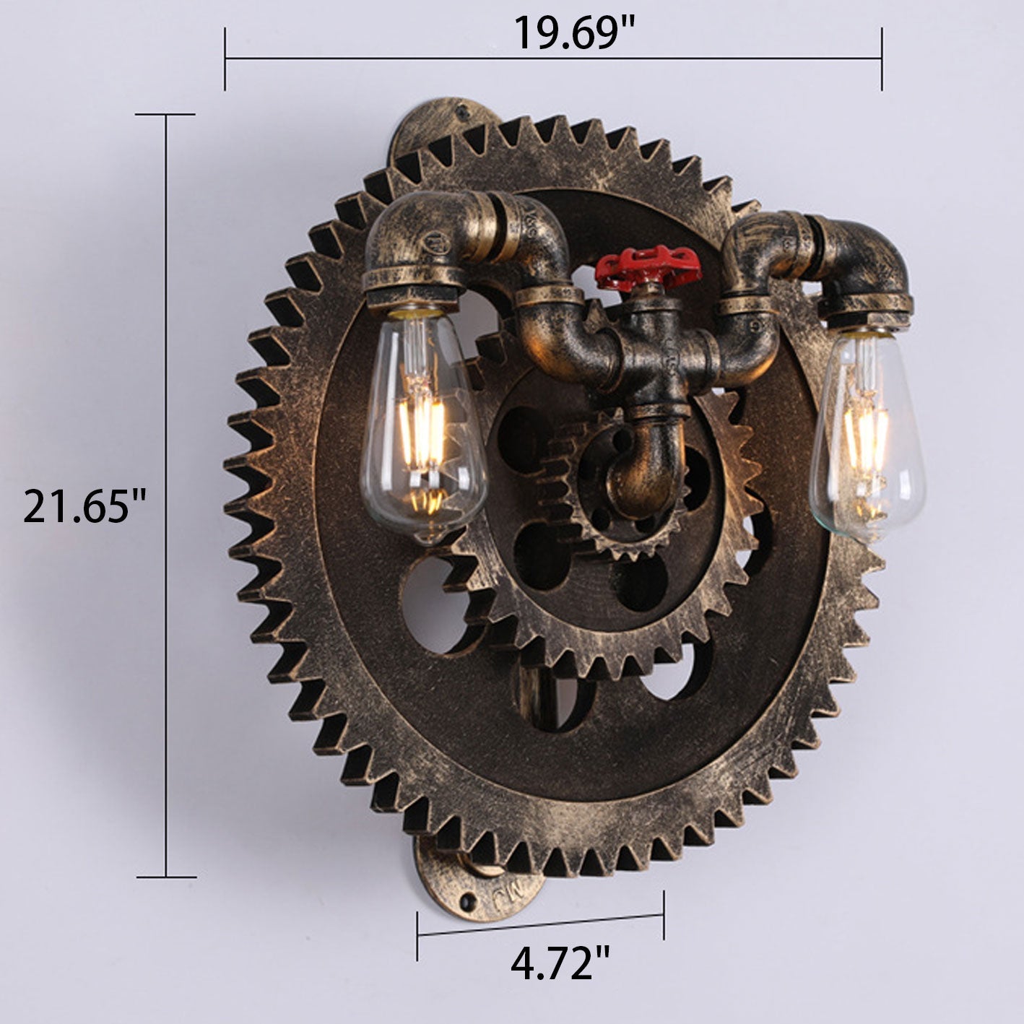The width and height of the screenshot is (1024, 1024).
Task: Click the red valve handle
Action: (648, 266)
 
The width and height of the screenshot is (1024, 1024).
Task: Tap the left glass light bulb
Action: (423, 425)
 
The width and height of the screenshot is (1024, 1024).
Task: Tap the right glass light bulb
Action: (867, 435)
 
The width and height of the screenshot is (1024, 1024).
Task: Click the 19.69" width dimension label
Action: (575, 32)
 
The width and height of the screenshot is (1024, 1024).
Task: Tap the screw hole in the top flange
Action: (464, 111)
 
